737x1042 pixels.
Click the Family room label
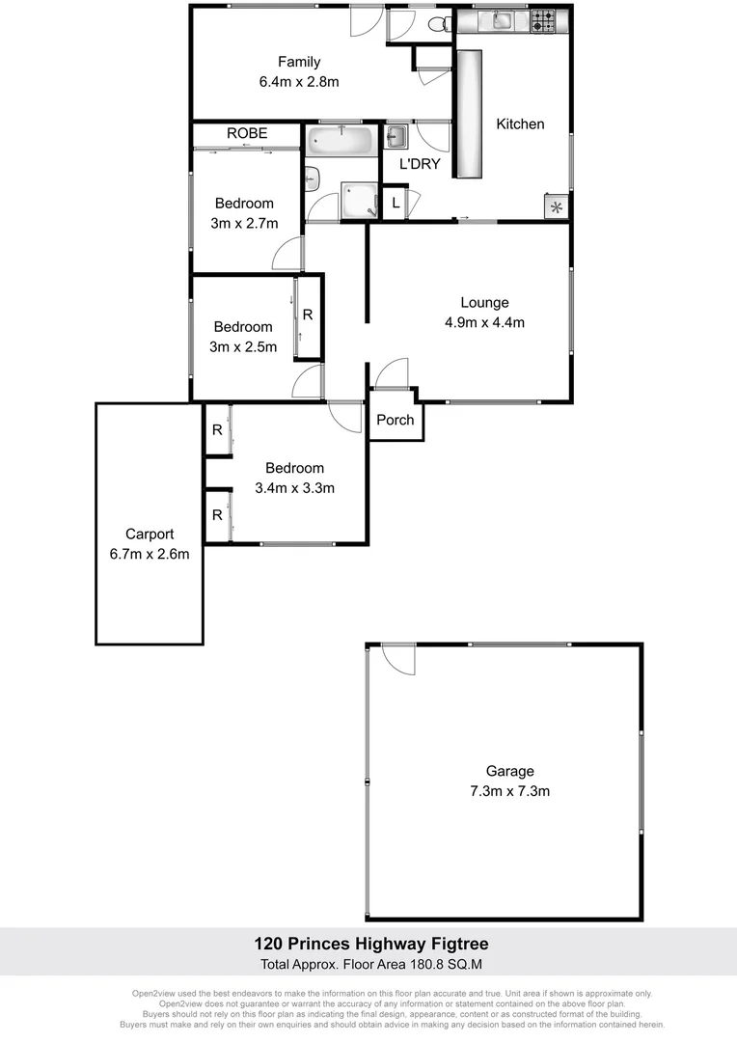click(299, 63)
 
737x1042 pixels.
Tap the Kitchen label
click(520, 123)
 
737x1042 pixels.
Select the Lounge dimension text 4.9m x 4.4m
click(484, 322)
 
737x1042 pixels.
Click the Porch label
click(396, 419)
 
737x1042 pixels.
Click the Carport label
click(150, 534)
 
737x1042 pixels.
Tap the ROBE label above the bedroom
click(247, 133)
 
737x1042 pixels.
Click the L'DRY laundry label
click(420, 164)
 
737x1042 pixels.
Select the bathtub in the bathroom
click(340, 143)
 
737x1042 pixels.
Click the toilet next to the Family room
click(438, 24)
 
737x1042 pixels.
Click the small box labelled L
click(396, 203)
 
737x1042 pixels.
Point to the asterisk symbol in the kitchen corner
click(557, 206)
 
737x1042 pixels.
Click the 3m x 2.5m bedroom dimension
click(243, 346)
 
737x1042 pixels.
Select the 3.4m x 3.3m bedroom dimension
click(294, 488)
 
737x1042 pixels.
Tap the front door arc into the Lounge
click(392, 373)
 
